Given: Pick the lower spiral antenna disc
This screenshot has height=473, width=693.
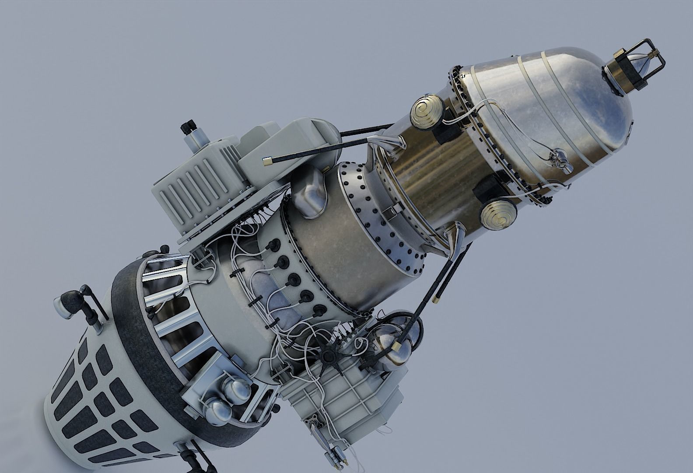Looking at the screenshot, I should (x=498, y=215).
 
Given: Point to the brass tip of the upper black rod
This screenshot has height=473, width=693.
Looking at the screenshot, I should (x=266, y=161).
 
